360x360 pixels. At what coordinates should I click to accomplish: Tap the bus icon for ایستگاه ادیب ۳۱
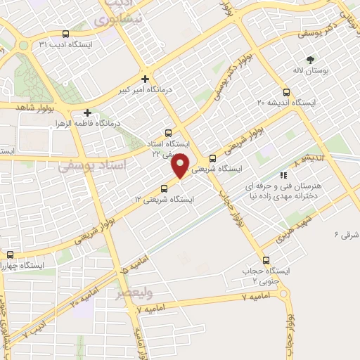[66, 34]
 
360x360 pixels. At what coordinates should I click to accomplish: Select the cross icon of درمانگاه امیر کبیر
[145, 79]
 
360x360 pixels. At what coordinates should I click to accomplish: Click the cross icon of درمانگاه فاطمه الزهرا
[86, 112]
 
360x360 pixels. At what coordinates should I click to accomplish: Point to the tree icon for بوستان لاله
[311, 60]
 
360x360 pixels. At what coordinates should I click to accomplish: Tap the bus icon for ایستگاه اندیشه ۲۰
[285, 91]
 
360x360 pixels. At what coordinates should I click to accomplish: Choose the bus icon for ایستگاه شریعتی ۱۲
[165, 188]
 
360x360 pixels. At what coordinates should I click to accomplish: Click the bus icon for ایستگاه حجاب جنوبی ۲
[265, 260]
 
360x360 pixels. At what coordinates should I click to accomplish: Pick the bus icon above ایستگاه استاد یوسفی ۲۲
[168, 132]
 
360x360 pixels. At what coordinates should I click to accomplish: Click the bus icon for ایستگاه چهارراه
[10, 255]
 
